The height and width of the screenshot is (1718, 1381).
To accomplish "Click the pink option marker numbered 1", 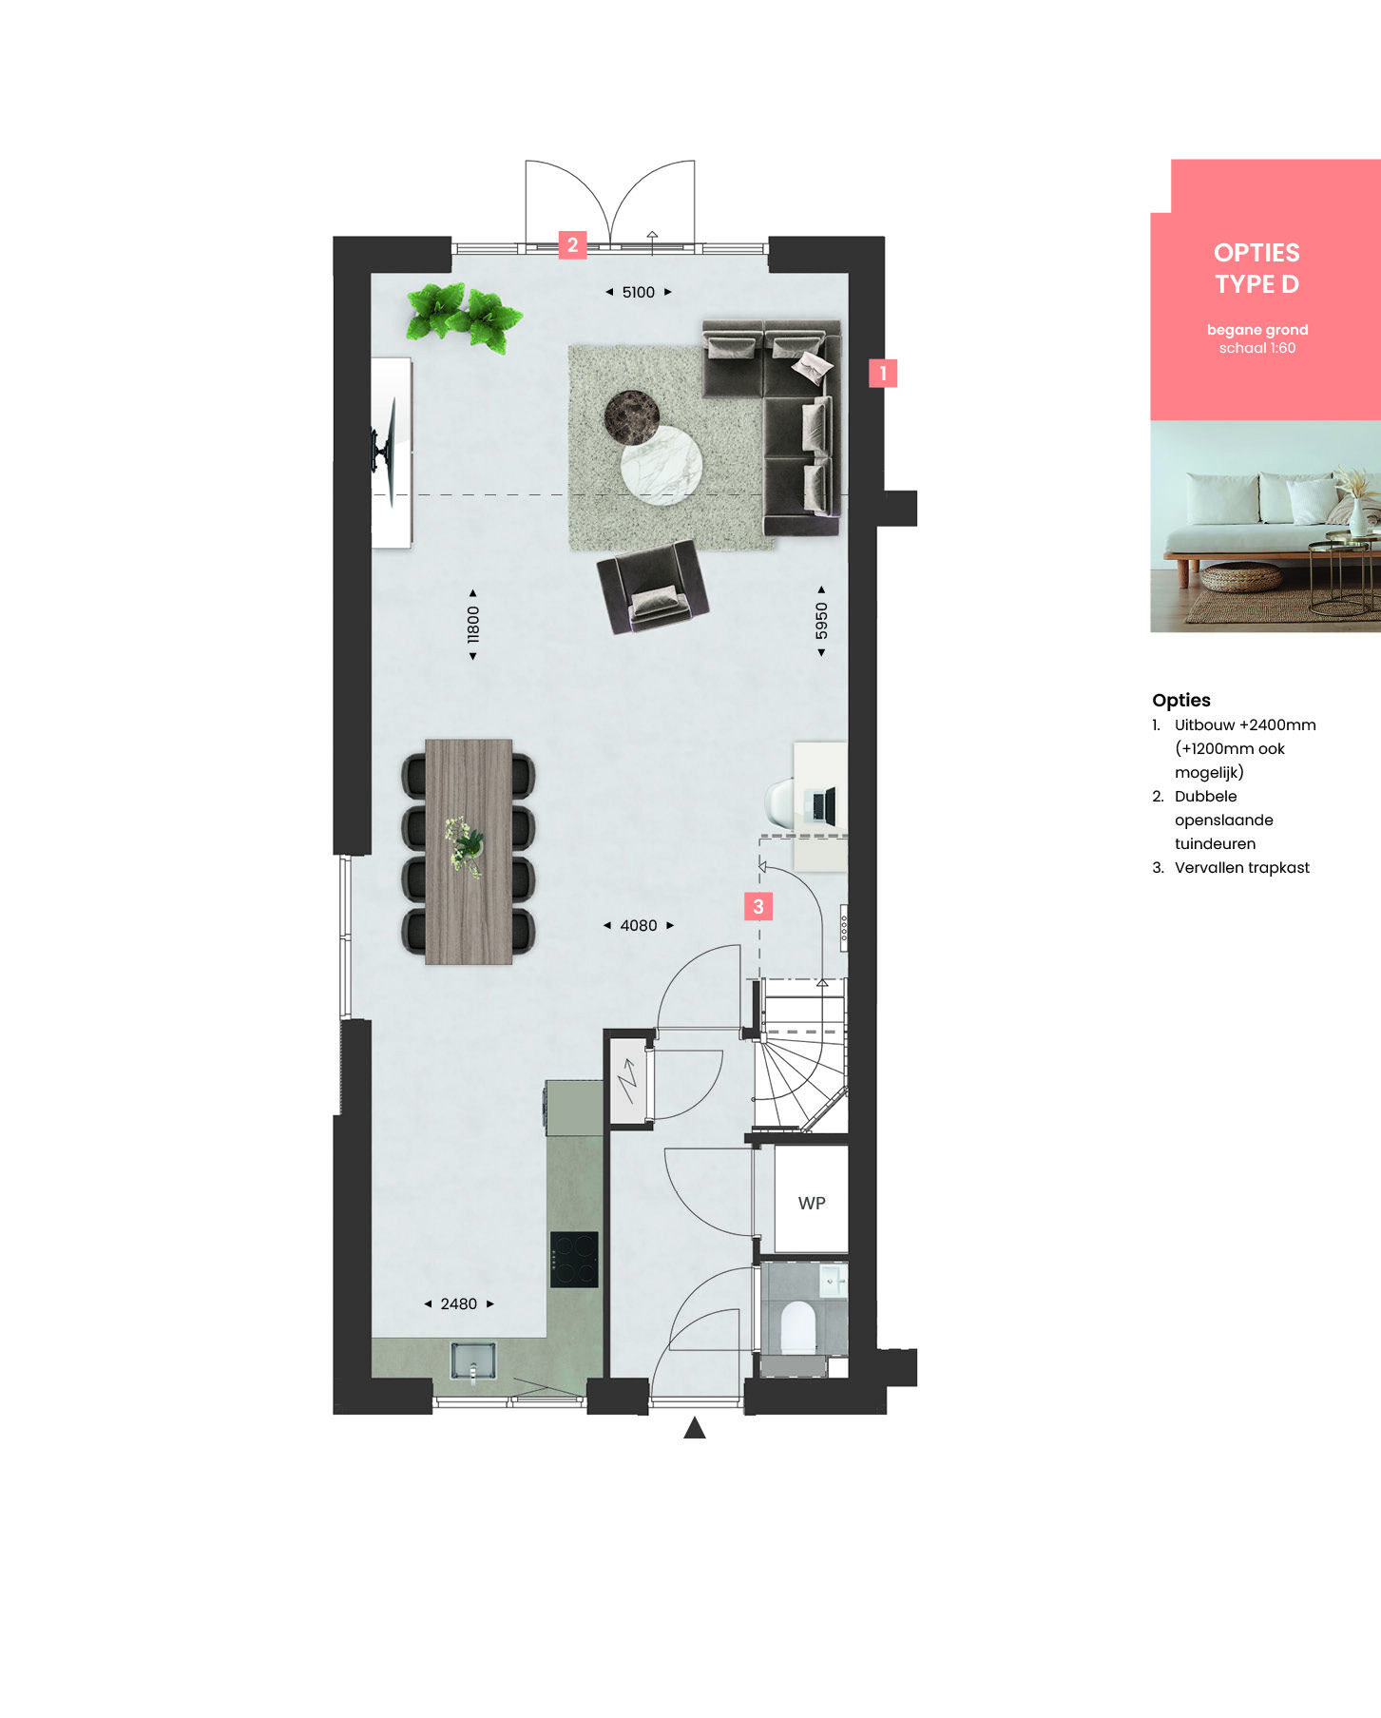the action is pos(883,373).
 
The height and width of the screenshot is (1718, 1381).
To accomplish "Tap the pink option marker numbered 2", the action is pos(572,245).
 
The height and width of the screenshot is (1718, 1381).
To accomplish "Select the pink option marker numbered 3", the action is pos(758,906).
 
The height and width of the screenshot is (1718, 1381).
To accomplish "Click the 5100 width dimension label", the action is pos(639,293).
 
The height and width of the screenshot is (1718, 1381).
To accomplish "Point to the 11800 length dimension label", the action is pos(473,625).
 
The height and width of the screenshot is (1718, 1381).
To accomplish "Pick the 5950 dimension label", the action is pos(822,621).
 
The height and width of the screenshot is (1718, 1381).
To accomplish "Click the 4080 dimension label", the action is pos(639,925).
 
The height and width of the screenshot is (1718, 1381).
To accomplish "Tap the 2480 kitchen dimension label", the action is pos(459,1303).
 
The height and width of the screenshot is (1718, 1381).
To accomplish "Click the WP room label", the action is pos(812,1204).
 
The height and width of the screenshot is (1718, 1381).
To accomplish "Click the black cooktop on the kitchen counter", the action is pos(574,1260).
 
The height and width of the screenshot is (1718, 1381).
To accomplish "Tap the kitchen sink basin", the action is pos(472,1361).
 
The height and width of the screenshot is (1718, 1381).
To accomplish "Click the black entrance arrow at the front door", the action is pos(695,1427).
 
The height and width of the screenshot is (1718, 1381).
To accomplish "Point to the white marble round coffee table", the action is pos(662,465).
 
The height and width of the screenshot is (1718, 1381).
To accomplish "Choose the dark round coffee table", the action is pos(632,417).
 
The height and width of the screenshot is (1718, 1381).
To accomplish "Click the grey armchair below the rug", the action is pos(653,586).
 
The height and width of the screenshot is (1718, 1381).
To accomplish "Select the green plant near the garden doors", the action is pos(464,316).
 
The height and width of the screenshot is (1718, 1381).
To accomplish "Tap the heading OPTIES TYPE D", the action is pos(1256,268).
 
